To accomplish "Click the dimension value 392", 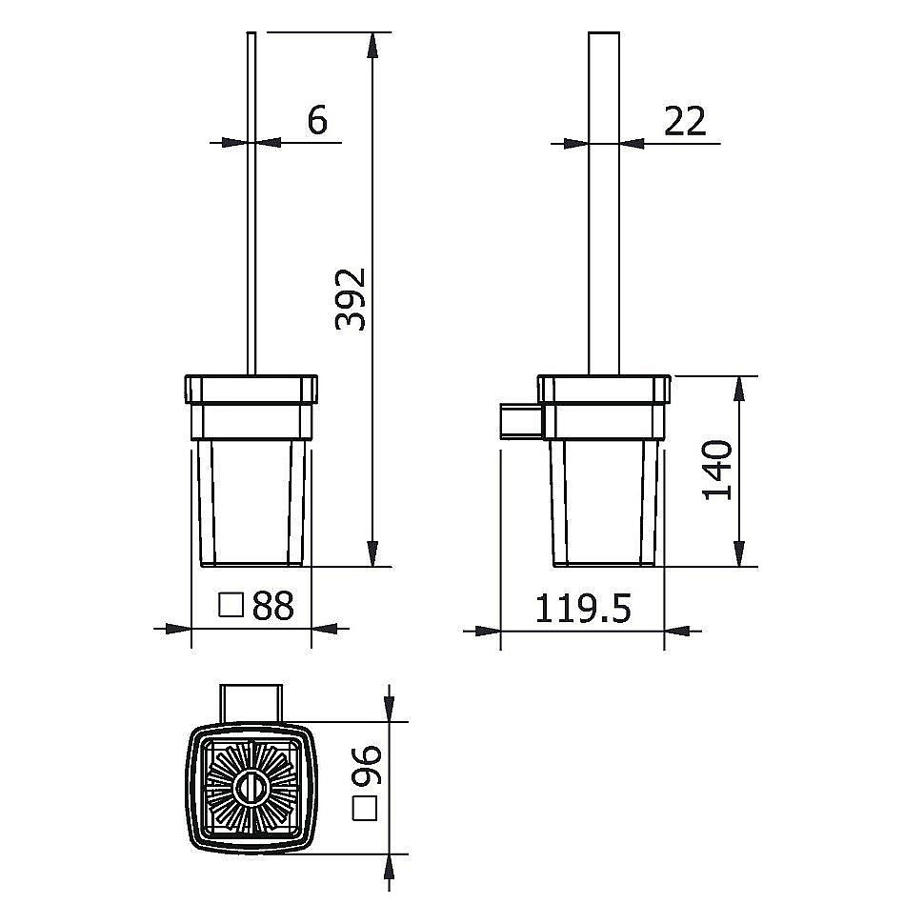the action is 352,299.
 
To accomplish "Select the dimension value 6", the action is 317,120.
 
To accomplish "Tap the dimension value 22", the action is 685,121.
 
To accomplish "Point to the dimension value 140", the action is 718,470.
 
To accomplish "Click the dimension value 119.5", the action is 583,608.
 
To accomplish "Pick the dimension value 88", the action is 272,605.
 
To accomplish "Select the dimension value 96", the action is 367,766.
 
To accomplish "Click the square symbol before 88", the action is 231,605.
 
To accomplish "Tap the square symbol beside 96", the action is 364,808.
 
